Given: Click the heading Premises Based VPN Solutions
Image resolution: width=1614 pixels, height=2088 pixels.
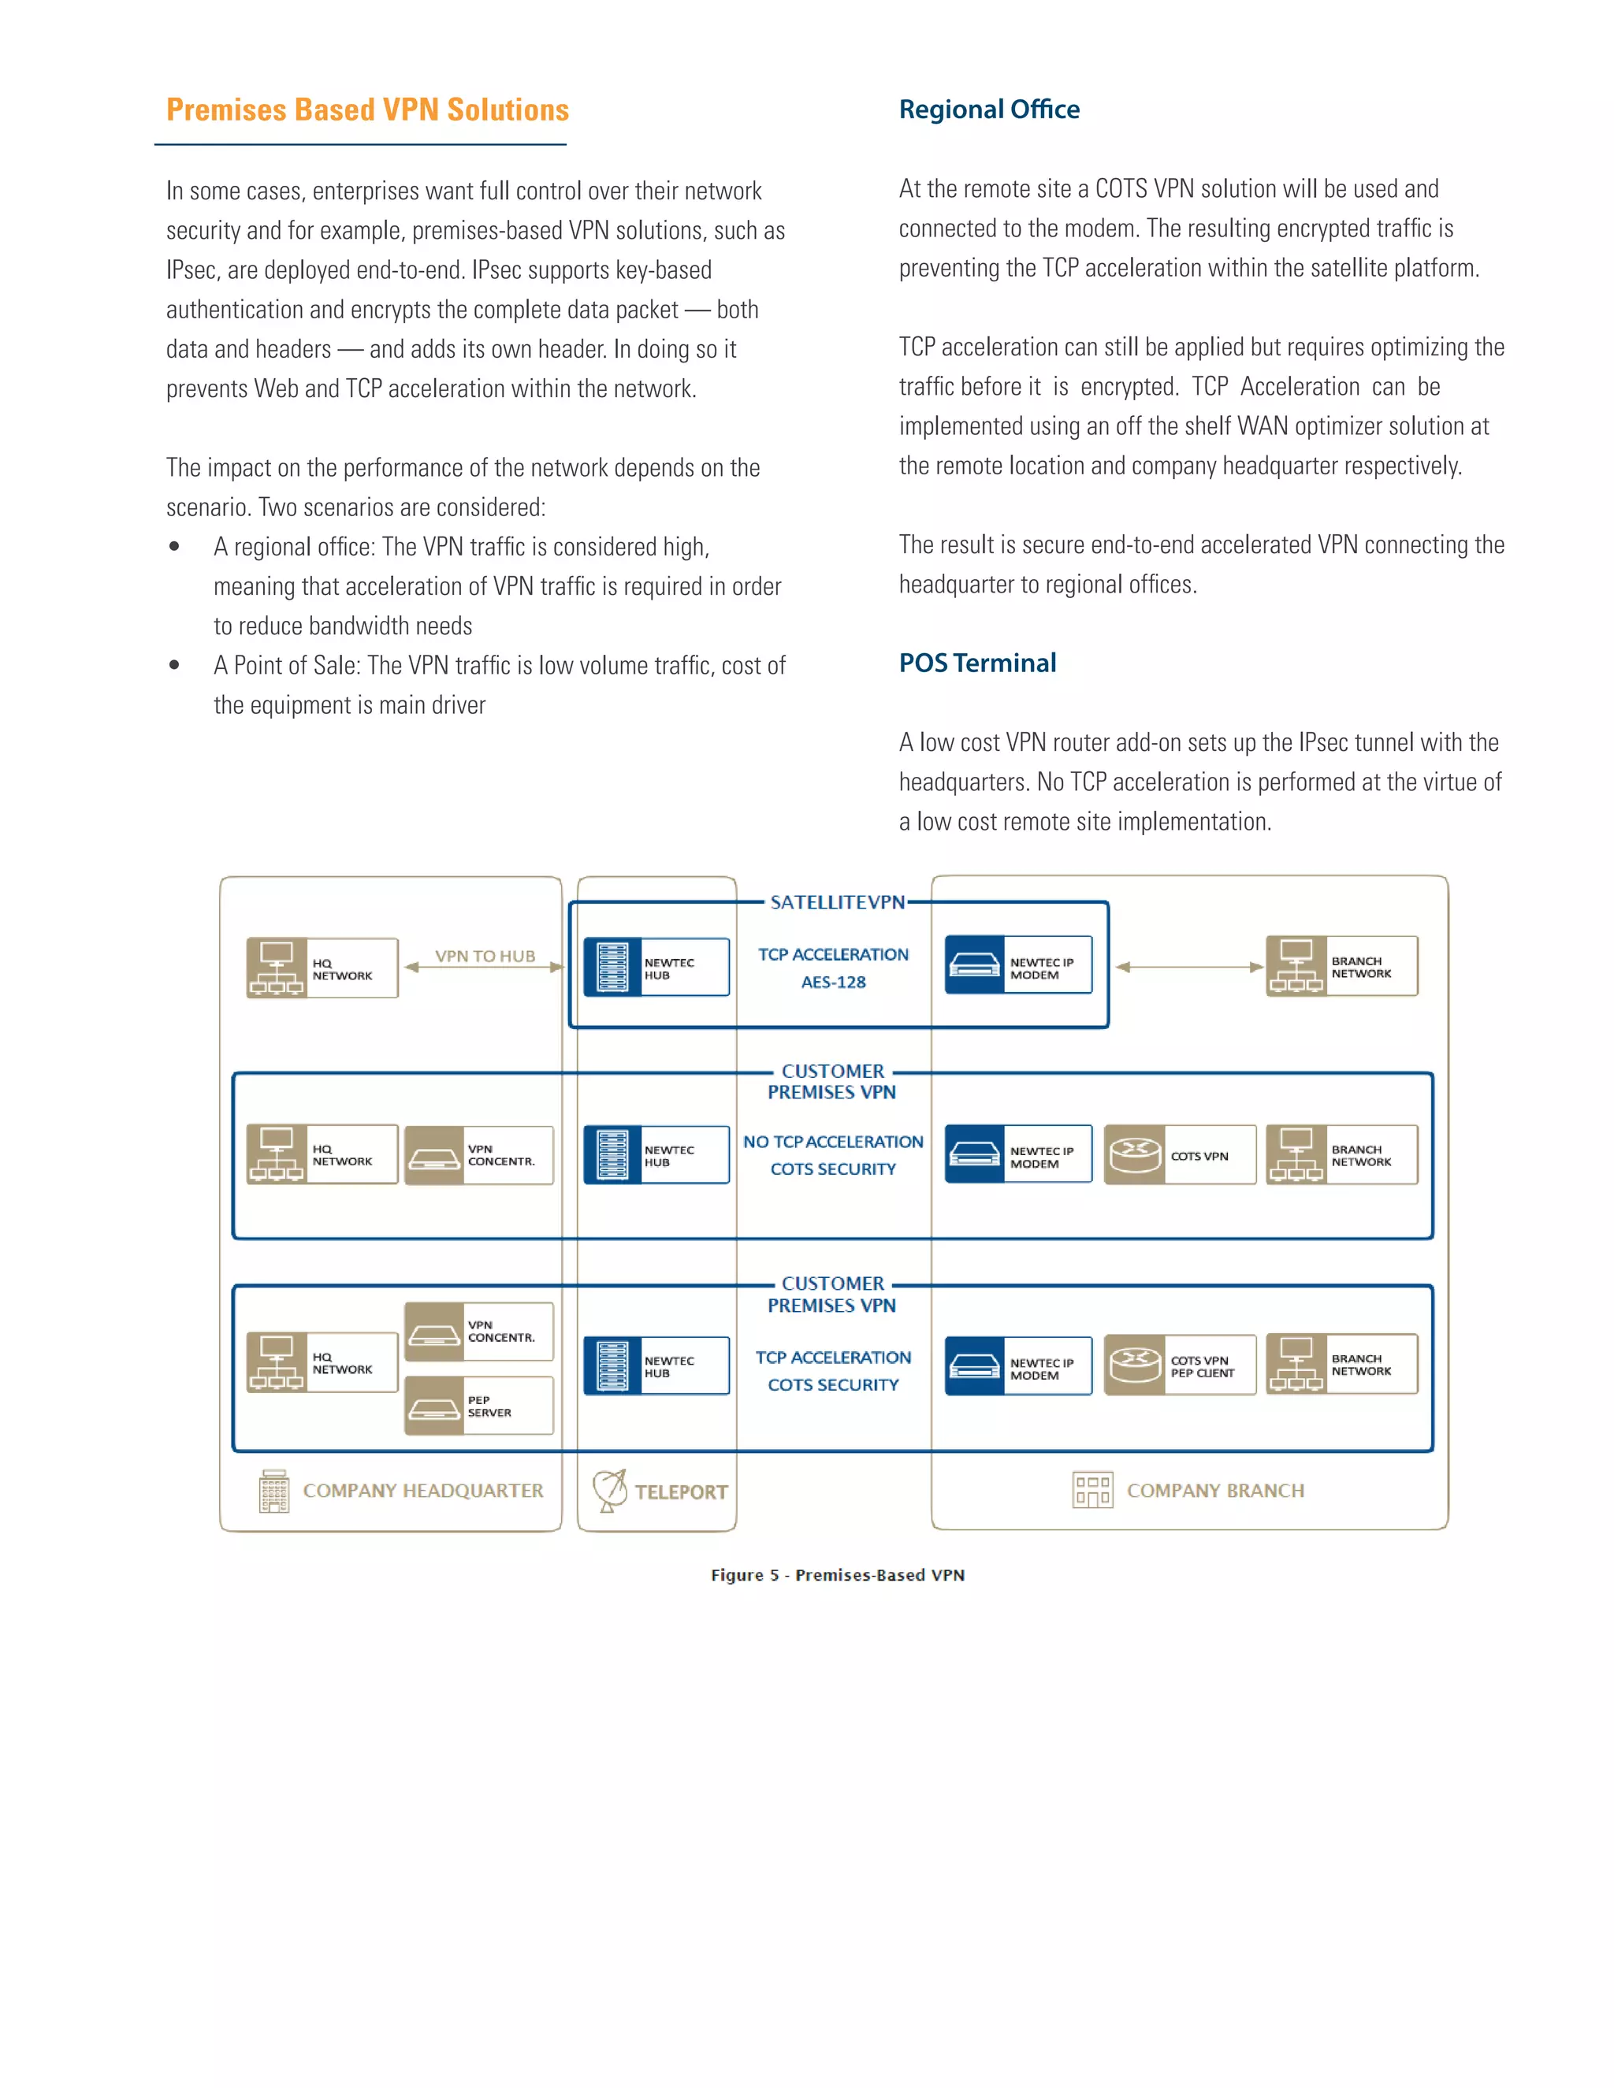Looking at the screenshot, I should pyautogui.click(x=367, y=110).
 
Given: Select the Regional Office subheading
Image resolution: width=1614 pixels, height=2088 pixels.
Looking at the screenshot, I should pyautogui.click(x=989, y=110).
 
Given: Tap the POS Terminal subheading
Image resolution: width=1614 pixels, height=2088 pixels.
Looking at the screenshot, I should pyautogui.click(x=977, y=663).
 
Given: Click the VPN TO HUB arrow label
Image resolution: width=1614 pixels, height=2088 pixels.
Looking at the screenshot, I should pyautogui.click(x=485, y=956).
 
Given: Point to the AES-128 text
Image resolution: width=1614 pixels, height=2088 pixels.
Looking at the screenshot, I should pyautogui.click(x=833, y=982).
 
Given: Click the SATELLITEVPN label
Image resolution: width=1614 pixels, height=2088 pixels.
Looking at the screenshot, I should pyautogui.click(x=837, y=902).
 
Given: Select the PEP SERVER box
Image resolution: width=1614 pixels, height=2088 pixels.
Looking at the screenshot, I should pyautogui.click(x=478, y=1406).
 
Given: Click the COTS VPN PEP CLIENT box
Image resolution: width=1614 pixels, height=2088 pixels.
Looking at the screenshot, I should pyautogui.click(x=1180, y=1366).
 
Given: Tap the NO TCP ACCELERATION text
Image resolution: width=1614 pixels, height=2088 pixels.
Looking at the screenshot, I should pyautogui.click(x=833, y=1142).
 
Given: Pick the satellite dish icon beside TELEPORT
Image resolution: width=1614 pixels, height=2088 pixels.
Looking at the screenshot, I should pyautogui.click(x=609, y=1491).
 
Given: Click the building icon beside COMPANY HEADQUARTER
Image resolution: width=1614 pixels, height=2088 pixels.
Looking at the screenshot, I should pyautogui.click(x=273, y=1491).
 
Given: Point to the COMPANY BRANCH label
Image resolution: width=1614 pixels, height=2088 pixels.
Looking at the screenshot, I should pyautogui.click(x=1214, y=1491).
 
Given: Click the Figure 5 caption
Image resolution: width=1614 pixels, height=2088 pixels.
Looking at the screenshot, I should pyautogui.click(x=837, y=1574).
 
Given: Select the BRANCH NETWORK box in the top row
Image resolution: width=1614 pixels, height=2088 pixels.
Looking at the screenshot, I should pyautogui.click(x=1341, y=967).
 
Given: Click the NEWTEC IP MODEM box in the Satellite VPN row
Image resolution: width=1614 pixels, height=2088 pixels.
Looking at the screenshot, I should pyautogui.click(x=1018, y=966).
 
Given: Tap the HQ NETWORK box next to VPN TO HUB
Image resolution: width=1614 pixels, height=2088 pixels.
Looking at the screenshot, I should pyautogui.click(x=322, y=968).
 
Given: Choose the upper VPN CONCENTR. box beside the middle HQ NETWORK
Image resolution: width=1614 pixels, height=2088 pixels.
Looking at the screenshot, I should pyautogui.click(x=478, y=1155).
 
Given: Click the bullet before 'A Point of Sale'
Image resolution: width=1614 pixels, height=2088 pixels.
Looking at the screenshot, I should pyautogui.click(x=174, y=666).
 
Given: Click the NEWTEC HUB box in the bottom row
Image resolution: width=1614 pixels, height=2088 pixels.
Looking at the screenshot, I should pyautogui.click(x=656, y=1366).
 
